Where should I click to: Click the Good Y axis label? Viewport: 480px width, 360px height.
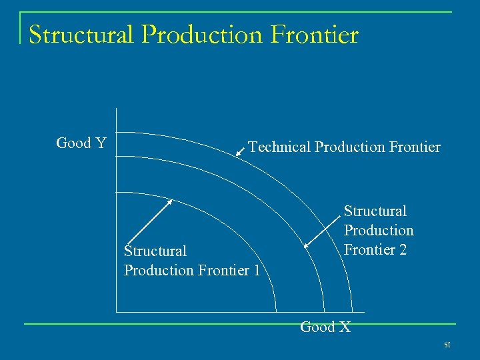[81, 143]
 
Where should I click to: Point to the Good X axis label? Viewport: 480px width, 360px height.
[325, 327]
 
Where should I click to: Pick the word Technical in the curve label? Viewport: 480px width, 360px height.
[279, 147]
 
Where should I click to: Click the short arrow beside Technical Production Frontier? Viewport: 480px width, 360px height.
[240, 153]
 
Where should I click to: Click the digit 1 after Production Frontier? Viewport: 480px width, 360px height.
[257, 271]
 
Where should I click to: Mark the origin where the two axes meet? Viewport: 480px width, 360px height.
[116, 312]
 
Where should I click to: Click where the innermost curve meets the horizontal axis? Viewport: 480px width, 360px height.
[276, 312]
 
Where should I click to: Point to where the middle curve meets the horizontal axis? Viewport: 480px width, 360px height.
[324, 312]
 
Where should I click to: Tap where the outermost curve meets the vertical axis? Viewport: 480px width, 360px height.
[116, 131]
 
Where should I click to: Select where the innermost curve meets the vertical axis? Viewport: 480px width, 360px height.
[116, 192]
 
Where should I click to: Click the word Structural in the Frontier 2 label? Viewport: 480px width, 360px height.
[375, 211]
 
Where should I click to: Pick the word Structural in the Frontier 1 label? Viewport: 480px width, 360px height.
[155, 251]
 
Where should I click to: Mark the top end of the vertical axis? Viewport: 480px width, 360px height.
[116, 109]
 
